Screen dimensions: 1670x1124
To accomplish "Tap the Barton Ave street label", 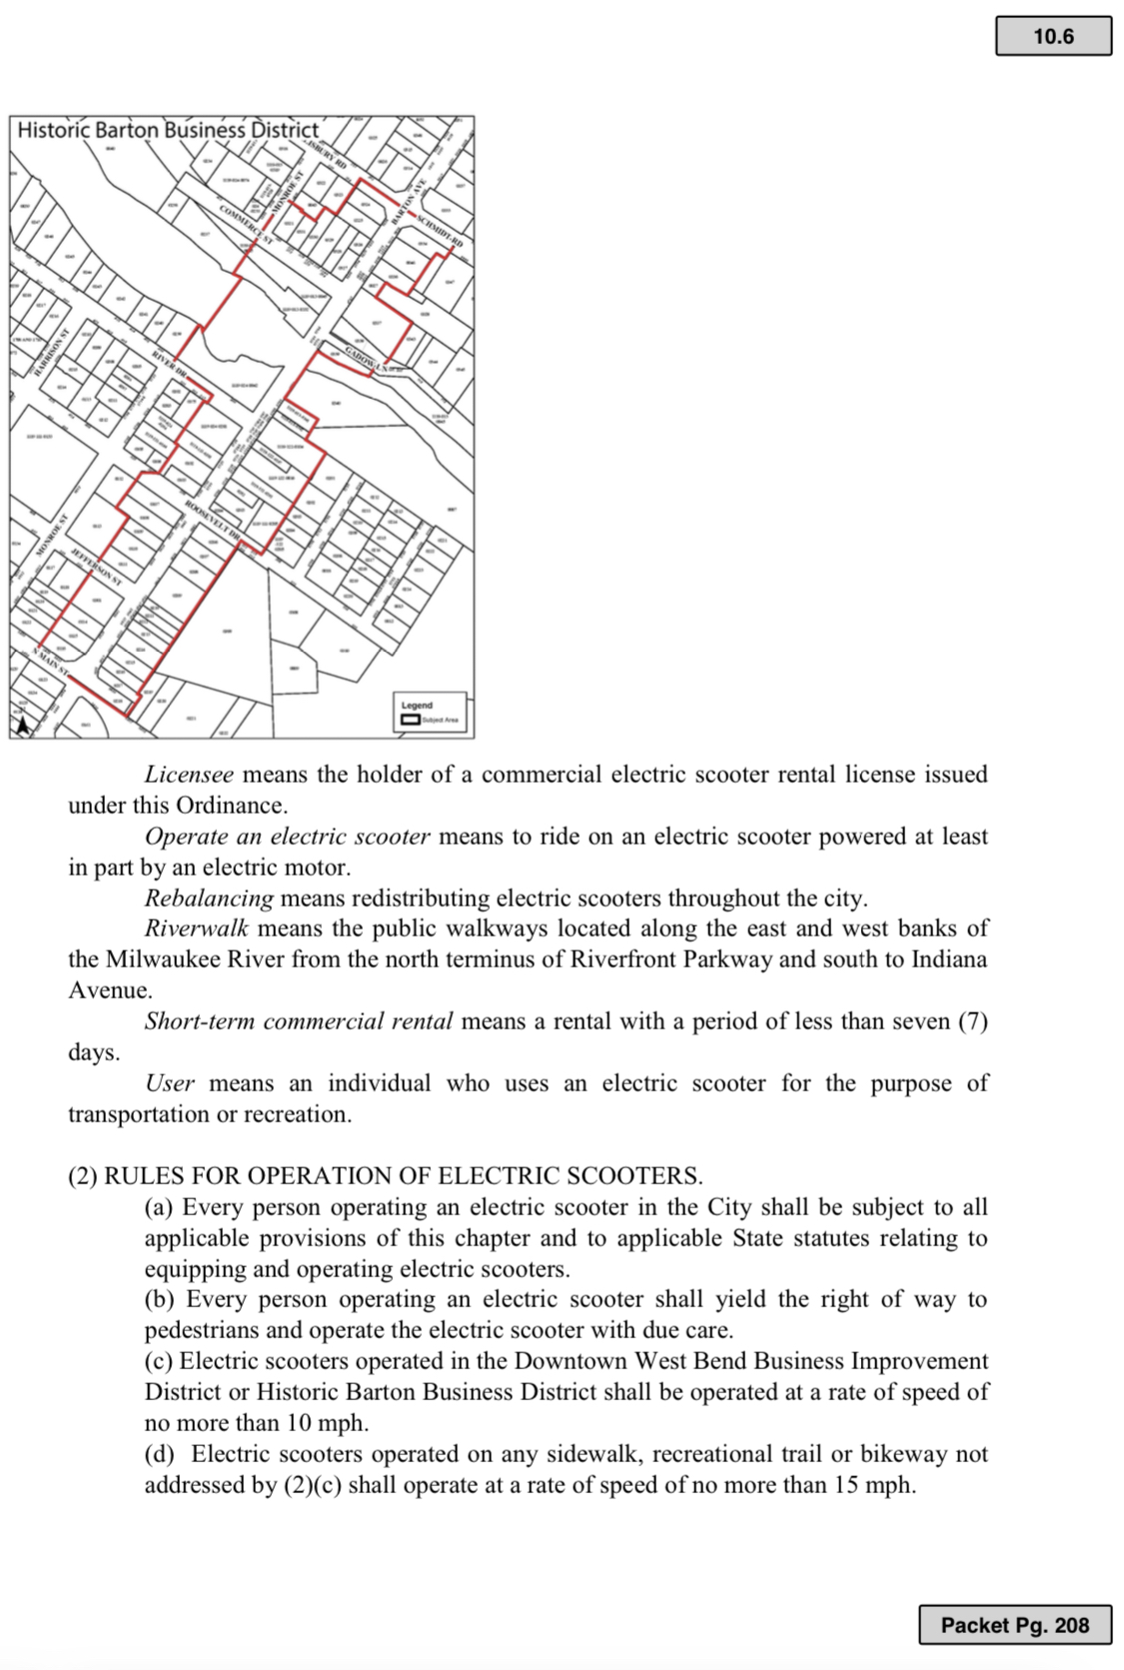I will click(410, 201).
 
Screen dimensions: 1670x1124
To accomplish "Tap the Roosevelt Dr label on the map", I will click(211, 520).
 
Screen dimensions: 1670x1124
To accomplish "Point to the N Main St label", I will click(49, 662).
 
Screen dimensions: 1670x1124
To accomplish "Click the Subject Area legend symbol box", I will click(411, 719).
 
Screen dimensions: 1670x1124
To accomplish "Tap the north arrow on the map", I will click(22, 725).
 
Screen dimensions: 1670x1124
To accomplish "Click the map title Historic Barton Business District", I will click(168, 130).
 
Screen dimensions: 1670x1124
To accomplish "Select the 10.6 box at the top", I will click(1053, 37).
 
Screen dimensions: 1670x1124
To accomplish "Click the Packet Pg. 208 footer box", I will click(1014, 1625).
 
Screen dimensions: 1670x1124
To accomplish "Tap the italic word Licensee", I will click(189, 775).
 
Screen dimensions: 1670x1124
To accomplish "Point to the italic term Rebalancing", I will click(209, 898).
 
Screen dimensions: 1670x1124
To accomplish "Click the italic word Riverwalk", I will click(197, 928).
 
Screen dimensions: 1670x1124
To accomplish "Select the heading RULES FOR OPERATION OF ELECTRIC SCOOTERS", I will click(403, 1175).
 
